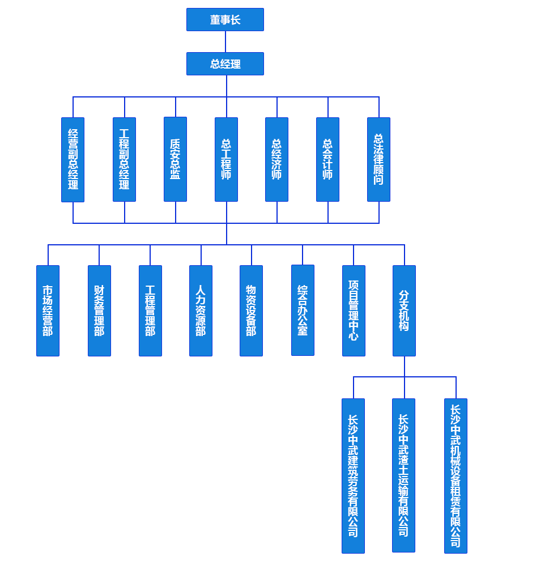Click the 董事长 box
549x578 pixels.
click(225, 20)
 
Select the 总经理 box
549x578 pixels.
click(225, 63)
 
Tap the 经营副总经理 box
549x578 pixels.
click(73, 159)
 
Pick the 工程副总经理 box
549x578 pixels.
click(124, 159)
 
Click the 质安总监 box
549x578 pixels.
click(175, 159)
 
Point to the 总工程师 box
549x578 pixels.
click(226, 159)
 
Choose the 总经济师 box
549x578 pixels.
click(276, 159)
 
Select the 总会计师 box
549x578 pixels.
click(327, 159)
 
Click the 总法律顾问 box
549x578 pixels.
click(378, 159)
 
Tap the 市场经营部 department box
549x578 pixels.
click(48, 311)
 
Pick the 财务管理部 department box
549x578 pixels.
click(99, 311)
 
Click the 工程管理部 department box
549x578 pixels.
click(150, 311)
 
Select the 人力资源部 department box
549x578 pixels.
click(201, 311)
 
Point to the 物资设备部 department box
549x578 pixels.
click(251, 311)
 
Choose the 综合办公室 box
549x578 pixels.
click(303, 310)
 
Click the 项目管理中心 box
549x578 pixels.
click(354, 311)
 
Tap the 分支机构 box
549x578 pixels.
click(404, 311)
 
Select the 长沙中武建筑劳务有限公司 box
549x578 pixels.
click(353, 475)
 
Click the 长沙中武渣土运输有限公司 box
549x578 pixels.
click(403, 475)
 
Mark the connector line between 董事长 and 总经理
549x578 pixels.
click(225, 41)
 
